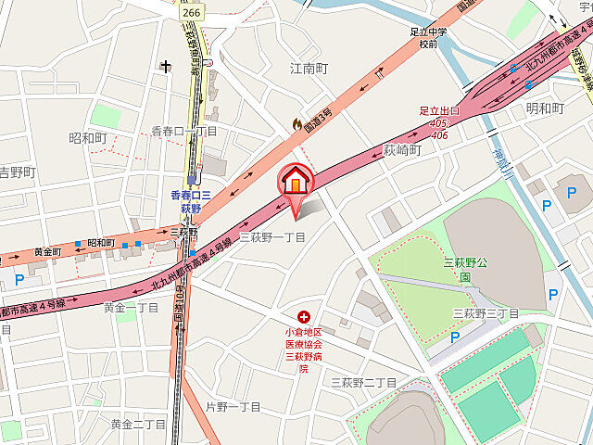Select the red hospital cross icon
coord(302,317)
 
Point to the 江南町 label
coord(309,69)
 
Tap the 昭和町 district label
coord(88,137)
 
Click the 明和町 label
coord(544,108)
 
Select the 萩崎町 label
coord(402,149)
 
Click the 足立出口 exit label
coord(439,110)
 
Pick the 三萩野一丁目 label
coord(272,237)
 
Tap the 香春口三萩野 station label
coord(191,201)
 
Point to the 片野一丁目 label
coord(233,406)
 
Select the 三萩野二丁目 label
coord(364,382)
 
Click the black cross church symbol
coord(166,66)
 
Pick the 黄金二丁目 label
coord(138,424)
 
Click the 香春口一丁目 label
coord(184,132)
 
